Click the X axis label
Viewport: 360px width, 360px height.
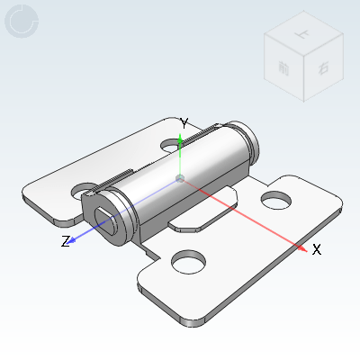click(317, 250)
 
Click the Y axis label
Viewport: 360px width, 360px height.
click(184, 122)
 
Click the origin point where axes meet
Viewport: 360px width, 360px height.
click(181, 179)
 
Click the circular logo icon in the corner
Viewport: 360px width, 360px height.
click(22, 22)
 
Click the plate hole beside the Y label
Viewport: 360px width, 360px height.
click(172, 143)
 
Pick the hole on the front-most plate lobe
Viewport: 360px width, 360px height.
click(188, 262)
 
